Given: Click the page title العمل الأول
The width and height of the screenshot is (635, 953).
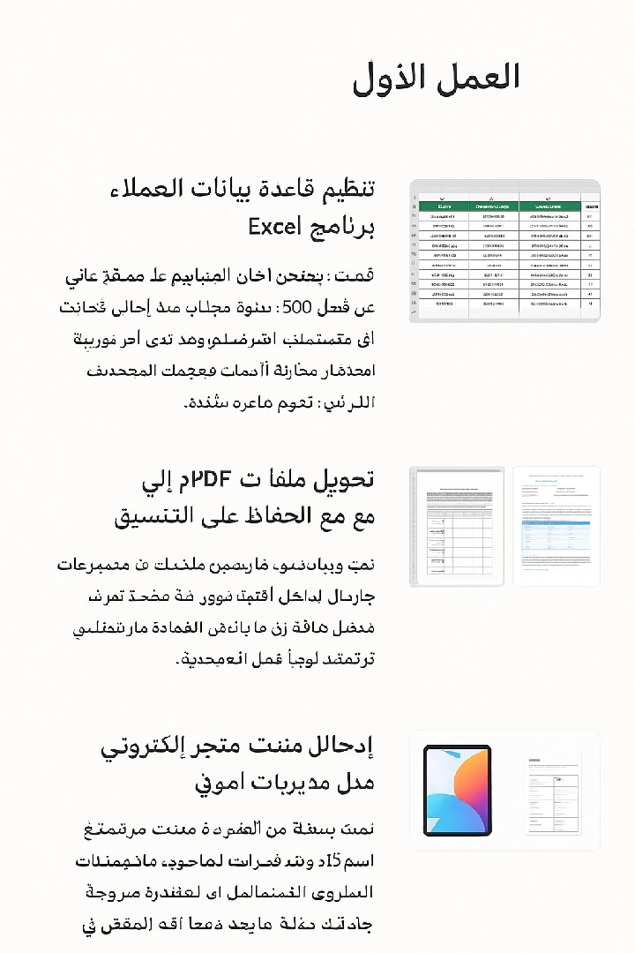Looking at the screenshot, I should pyautogui.click(x=436, y=79).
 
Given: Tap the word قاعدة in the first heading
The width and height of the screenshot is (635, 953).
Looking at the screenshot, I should pyautogui.click(x=282, y=189).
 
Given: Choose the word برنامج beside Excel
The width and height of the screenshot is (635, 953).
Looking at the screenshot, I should pyautogui.click(x=342, y=228).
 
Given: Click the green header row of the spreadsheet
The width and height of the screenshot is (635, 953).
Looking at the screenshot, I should pyautogui.click(x=504, y=206).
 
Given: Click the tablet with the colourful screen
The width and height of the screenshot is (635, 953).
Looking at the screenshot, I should pyautogui.click(x=457, y=790).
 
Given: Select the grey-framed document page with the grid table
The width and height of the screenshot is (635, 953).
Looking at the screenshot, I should pyautogui.click(x=457, y=527).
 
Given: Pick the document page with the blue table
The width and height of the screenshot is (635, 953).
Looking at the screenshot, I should pyautogui.click(x=556, y=527).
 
